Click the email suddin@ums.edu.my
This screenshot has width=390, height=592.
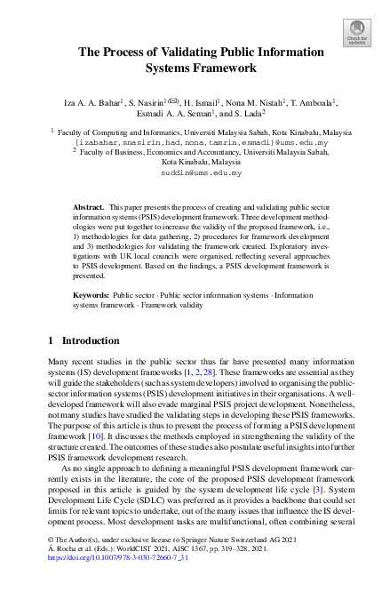[x=195, y=172]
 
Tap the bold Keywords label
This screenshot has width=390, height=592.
[x=91, y=292]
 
